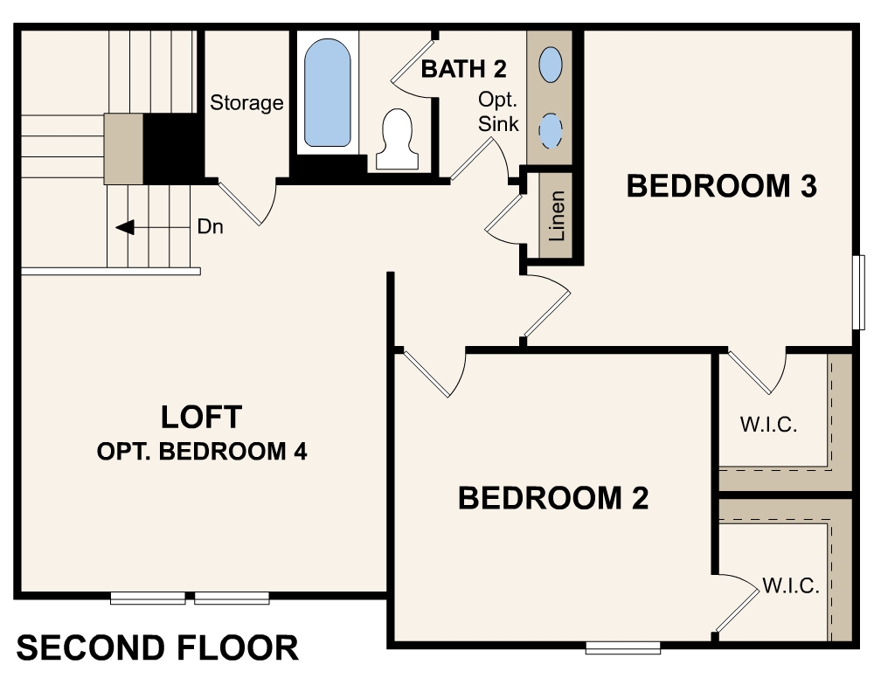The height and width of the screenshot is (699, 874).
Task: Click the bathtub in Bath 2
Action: tap(328, 92)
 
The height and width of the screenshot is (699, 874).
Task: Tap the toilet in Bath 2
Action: tap(398, 140)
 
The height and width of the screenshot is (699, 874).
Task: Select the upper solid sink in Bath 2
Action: tap(551, 63)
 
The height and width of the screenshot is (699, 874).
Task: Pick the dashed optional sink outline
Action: tap(550, 130)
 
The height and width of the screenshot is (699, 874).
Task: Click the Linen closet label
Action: tap(557, 216)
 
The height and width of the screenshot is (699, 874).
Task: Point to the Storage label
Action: tap(246, 103)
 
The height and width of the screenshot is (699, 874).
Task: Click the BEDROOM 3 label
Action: tap(721, 186)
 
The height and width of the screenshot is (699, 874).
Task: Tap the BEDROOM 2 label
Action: tap(553, 498)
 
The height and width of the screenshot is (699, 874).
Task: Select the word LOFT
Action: tap(201, 417)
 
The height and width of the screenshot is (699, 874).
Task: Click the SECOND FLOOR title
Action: tap(158, 648)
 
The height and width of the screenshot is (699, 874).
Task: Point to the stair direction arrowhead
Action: tap(125, 227)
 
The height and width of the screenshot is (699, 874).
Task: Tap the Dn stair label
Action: tap(210, 227)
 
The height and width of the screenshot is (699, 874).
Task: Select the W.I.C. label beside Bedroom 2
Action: tap(790, 586)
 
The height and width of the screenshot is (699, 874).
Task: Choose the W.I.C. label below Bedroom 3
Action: tap(769, 426)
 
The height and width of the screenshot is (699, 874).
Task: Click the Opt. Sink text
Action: tap(498, 114)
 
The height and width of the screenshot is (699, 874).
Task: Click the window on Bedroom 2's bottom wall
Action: tap(622, 647)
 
